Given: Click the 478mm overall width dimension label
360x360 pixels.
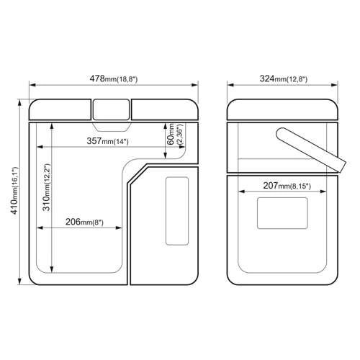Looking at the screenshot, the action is pos(114,78).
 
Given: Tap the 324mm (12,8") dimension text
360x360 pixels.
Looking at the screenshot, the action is pos(284,78).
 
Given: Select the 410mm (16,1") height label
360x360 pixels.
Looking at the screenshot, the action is pos(14,190).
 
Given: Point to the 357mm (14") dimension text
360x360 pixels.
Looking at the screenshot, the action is pos(108,141).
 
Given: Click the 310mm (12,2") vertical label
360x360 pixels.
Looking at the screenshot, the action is pos(46,187).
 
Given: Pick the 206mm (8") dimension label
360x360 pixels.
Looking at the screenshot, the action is pos(84,222).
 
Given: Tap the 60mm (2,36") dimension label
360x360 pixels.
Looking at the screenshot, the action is pos(175,134).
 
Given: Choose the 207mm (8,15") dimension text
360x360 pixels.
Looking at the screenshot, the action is pos(287,186).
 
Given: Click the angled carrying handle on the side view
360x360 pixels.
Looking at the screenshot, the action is pos(311,150).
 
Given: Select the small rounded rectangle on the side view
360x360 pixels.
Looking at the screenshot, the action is pos(282,213).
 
